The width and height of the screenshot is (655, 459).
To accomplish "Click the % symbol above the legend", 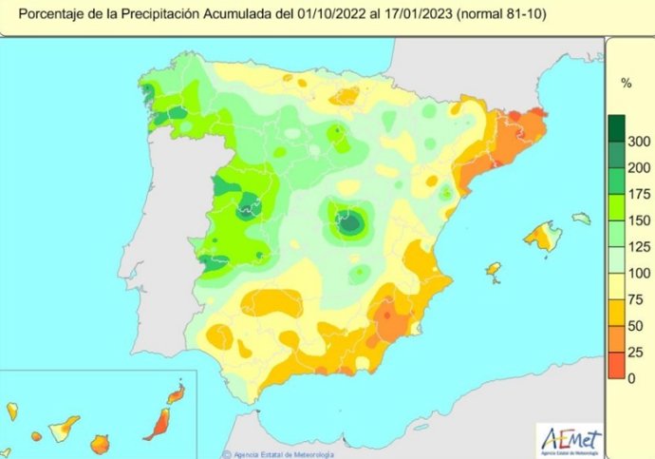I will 626,84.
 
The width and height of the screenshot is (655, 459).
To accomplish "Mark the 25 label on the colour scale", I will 636,353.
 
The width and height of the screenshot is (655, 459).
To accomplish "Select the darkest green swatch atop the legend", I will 616,127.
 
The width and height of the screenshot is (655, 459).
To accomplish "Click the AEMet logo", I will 571,438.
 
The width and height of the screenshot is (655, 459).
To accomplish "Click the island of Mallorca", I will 544,236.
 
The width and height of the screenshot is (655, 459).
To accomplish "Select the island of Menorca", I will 581,219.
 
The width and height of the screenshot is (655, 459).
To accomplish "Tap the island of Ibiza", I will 494,272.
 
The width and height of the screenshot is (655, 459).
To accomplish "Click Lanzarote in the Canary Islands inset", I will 176,392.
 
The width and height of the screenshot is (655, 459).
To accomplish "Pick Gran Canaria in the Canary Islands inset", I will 99,443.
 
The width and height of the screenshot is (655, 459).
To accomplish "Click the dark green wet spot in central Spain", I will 350,223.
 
